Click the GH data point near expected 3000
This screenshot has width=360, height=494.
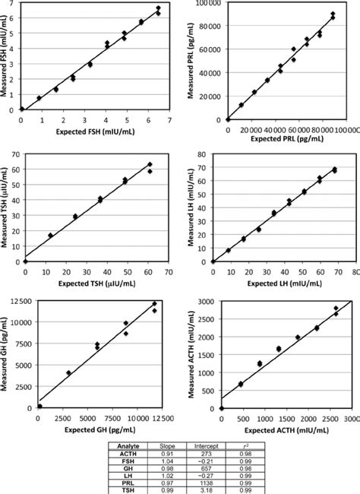pyautogui.click(x=68, y=372)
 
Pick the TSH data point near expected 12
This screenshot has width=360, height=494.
pyautogui.click(x=51, y=235)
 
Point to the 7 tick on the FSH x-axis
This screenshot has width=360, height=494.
pyautogui.click(x=169, y=120)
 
